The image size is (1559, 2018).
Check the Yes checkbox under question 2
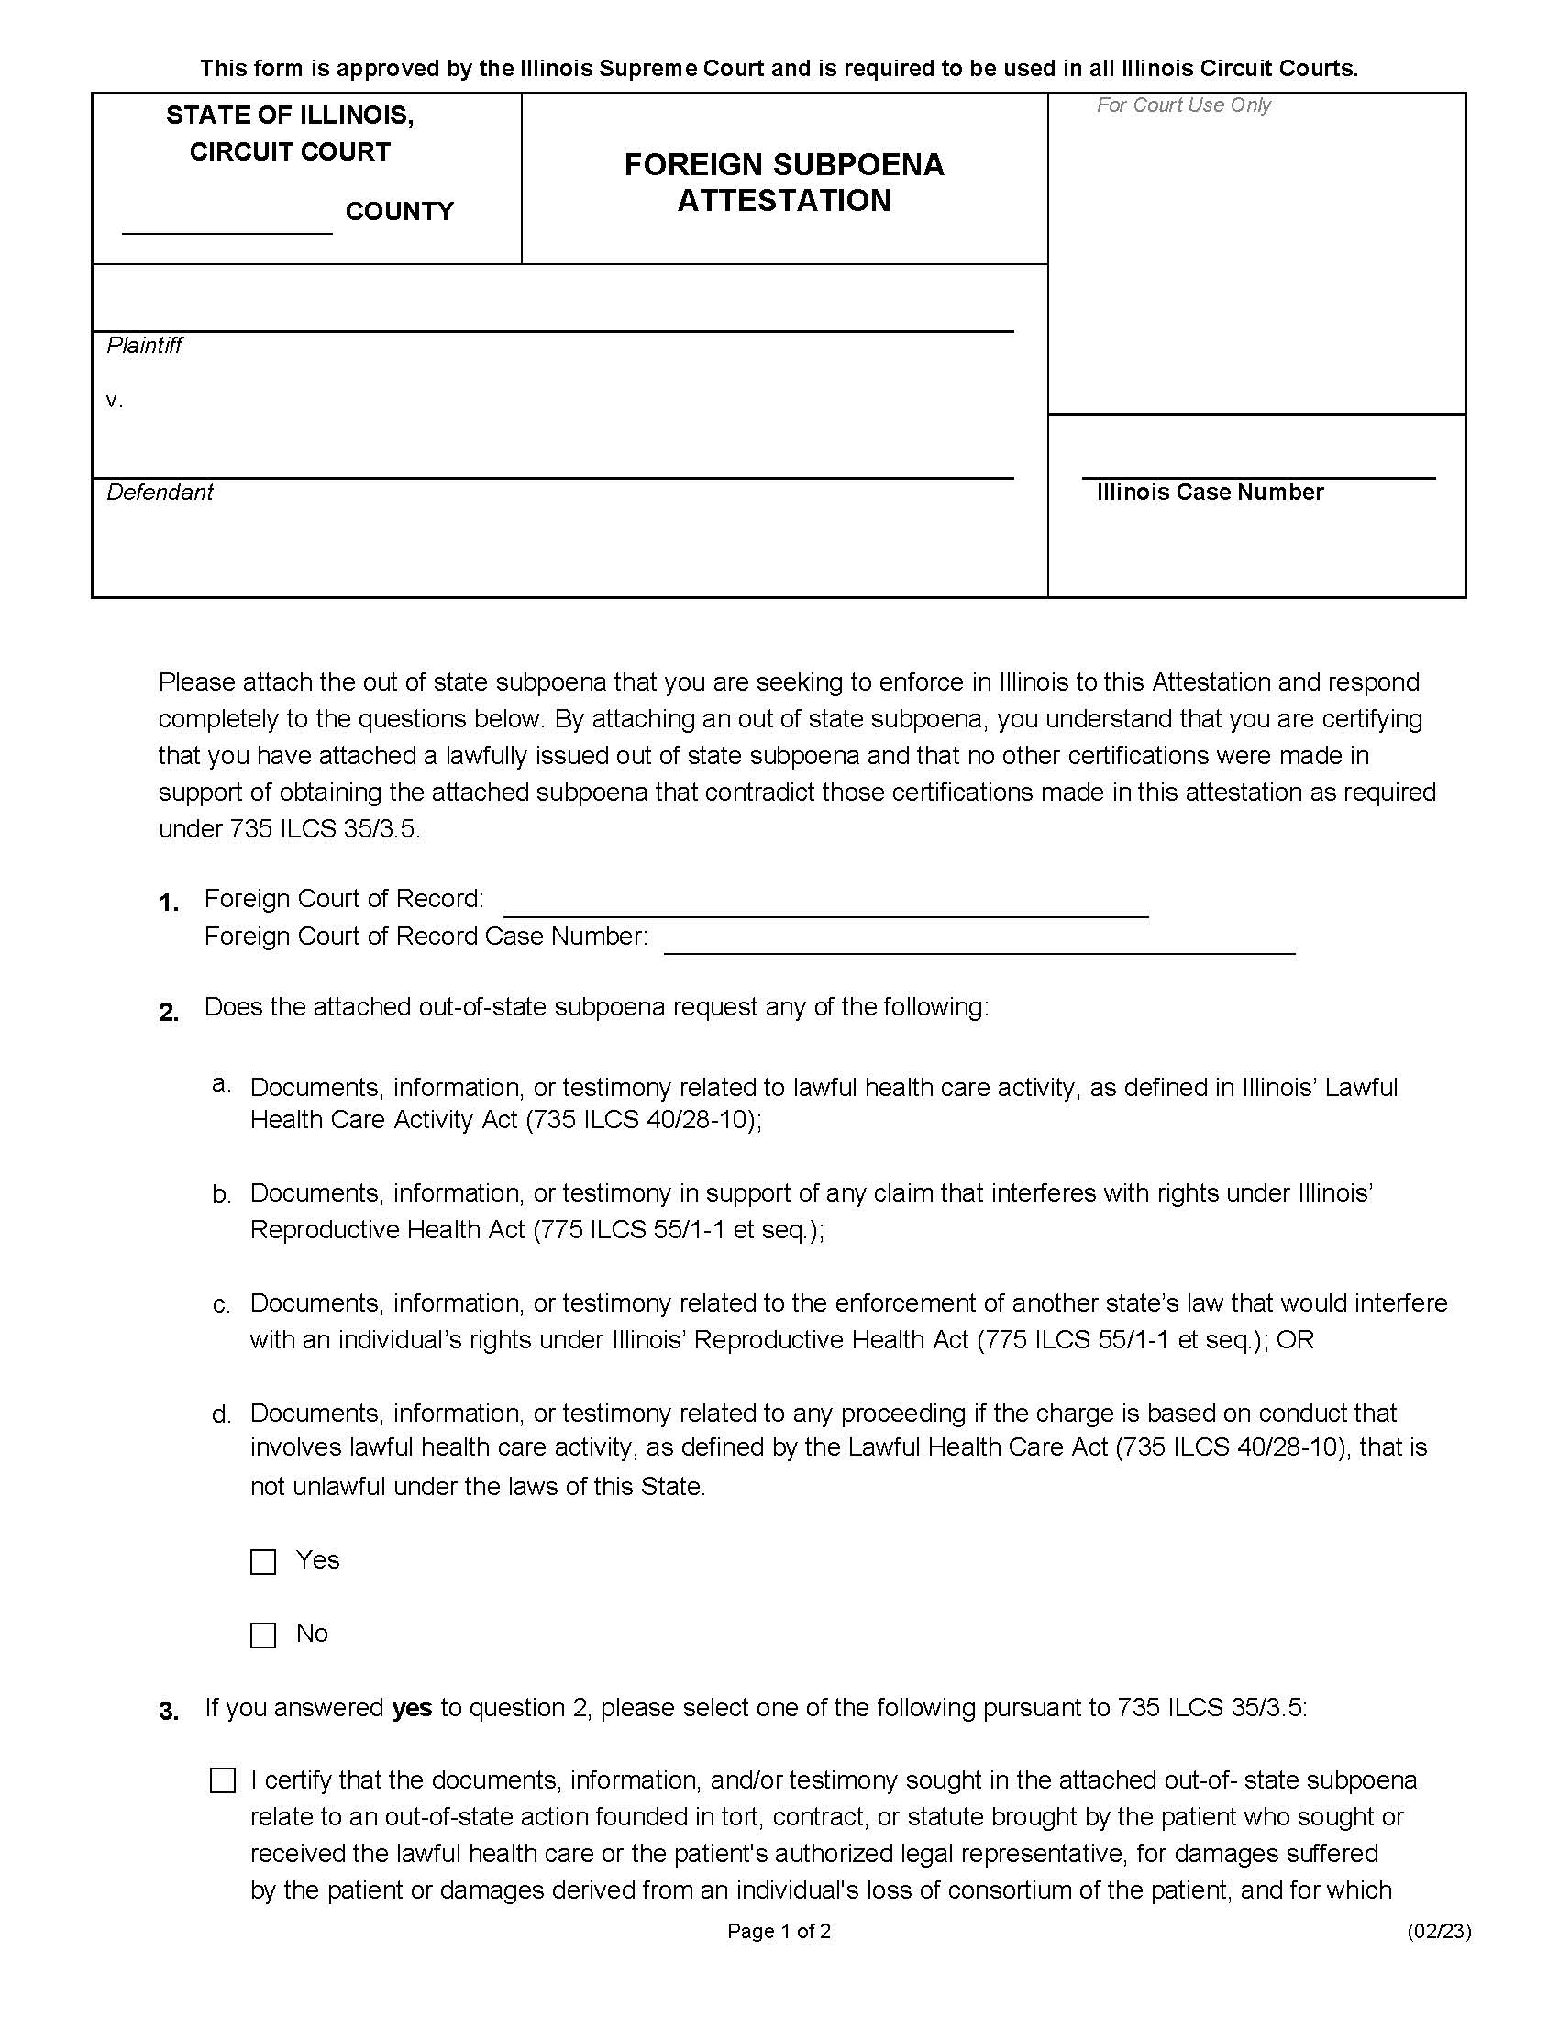[x=263, y=1561]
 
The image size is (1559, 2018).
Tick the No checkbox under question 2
[x=263, y=1635]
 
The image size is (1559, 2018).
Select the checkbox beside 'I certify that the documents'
[x=223, y=1780]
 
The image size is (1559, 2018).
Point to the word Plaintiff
[x=144, y=346]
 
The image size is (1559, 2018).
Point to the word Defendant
[x=160, y=493]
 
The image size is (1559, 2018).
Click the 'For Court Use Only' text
[x=1183, y=105]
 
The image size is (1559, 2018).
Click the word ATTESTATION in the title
[x=784, y=201]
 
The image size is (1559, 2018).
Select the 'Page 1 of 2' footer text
[x=779, y=1930]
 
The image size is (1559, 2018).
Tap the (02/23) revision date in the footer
[x=1439, y=1930]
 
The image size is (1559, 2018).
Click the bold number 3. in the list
[x=169, y=1713]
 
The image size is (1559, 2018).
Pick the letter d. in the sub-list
[x=222, y=1414]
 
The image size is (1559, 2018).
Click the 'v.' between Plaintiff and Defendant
[x=115, y=400]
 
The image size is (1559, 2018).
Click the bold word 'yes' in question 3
[x=412, y=1709]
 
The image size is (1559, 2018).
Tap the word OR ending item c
[x=1295, y=1340]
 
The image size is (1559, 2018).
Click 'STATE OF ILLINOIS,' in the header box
[x=290, y=116]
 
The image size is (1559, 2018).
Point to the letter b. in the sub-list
[x=222, y=1194]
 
